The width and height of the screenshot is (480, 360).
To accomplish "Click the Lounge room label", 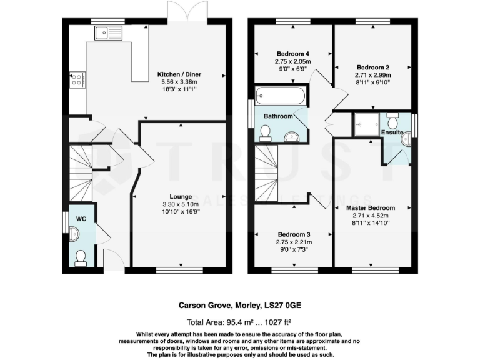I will coord(181,196).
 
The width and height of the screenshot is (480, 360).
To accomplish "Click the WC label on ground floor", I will coord(81,219).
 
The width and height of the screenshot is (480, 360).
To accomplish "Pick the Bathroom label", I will coord(278,116).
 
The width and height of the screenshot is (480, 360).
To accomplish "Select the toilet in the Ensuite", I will coord(393,119).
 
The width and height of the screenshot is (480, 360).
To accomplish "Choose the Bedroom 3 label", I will coord(292,234).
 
